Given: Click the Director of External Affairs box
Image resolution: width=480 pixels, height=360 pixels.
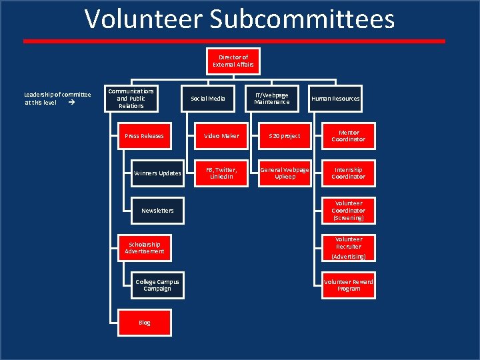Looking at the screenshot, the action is [x=233, y=61].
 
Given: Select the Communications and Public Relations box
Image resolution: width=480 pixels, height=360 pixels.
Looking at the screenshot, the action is [x=131, y=99].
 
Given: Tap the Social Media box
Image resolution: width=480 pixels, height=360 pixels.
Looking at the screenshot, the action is [x=208, y=99].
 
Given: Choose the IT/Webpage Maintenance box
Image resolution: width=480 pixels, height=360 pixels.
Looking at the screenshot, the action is [x=271, y=99].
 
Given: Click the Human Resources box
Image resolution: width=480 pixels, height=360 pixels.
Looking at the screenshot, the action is [x=335, y=99].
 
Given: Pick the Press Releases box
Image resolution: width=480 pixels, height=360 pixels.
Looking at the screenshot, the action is [x=144, y=136].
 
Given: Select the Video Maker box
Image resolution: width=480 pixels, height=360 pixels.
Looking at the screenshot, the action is [x=221, y=136].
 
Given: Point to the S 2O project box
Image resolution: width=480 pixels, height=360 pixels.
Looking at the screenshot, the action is [x=285, y=136].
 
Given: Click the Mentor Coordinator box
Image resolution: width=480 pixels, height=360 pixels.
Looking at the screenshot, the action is [x=349, y=136].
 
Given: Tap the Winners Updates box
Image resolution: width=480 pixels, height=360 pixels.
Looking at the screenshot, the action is [x=157, y=173].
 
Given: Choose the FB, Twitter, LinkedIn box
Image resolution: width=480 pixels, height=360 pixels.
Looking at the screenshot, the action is [x=221, y=173].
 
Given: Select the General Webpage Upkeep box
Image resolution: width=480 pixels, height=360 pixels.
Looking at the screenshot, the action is [x=285, y=173].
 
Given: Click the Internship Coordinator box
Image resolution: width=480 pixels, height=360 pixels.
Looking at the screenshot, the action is [x=349, y=173].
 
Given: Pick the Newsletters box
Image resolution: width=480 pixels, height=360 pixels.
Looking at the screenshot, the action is [x=157, y=211].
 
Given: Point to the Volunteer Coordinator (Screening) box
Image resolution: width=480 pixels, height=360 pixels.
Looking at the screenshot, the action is [x=349, y=211].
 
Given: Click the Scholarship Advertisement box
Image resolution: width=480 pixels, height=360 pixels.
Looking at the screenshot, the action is [x=144, y=248].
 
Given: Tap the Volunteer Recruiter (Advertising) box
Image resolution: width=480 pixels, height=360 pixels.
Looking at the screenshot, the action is [x=349, y=247].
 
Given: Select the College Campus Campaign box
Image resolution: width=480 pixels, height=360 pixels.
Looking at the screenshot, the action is [x=157, y=285].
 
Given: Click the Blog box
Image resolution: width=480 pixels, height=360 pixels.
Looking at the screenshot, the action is [x=144, y=323].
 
